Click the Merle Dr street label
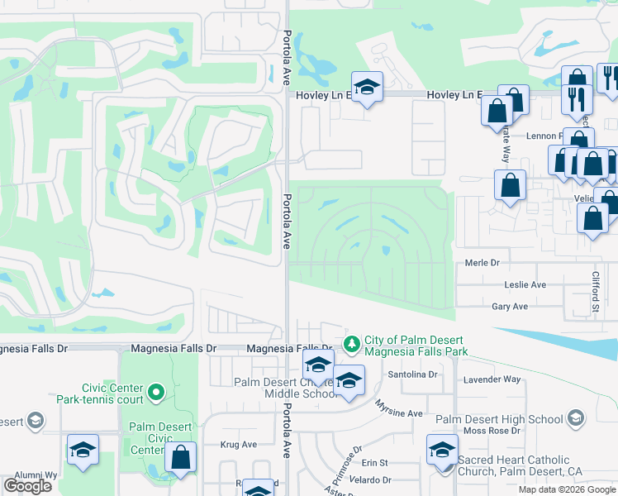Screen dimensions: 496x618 coord(483,262)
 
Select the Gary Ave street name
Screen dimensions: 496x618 coord(509,307)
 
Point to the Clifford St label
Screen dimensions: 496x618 coord(594,293)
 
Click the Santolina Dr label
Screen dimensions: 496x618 coord(413,374)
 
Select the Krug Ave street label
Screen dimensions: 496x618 coord(238,445)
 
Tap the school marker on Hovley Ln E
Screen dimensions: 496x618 coord(367,86)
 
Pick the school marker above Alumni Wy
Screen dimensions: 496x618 coord(83,450)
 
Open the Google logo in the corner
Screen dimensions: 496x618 coord(27,486)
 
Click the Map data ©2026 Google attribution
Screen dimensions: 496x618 coord(568,489)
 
